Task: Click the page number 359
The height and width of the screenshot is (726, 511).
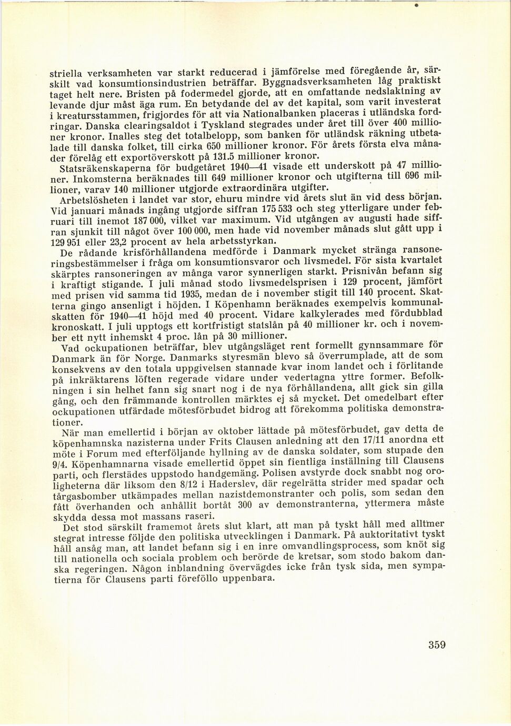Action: [437, 645]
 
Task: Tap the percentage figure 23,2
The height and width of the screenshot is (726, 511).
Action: [117, 243]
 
